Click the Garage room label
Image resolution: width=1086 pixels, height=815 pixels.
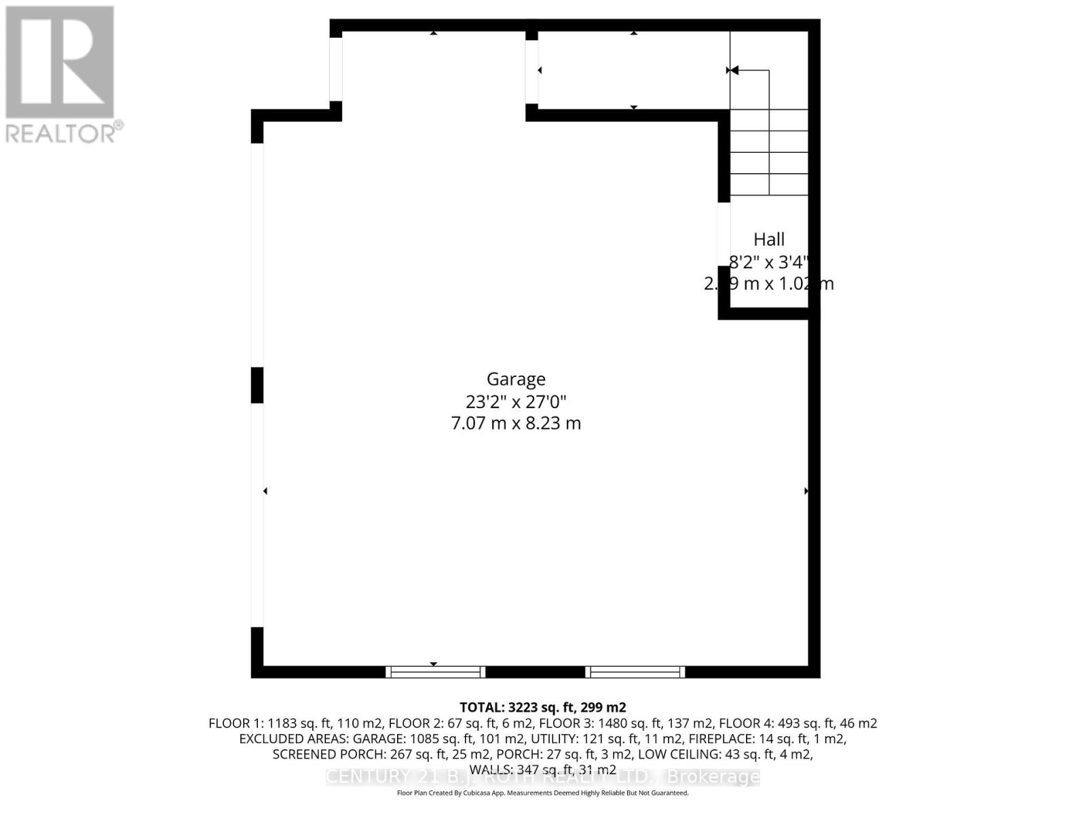(516, 379)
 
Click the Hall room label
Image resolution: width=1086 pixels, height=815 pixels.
(769, 239)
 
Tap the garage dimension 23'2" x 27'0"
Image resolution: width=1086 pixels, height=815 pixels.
(516, 401)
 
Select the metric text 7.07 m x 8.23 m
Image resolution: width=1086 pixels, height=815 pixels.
(516, 423)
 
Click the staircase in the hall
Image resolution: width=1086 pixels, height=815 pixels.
(769, 152)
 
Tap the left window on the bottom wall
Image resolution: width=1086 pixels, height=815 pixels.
(435, 672)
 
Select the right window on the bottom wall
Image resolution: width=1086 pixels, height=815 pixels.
(635, 672)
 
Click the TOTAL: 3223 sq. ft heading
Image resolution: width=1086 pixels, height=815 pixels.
(542, 708)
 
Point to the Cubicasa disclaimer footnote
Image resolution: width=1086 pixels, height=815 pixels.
(542, 793)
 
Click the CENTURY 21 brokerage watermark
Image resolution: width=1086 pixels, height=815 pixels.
(542, 777)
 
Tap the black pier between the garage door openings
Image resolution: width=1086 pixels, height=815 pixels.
(257, 385)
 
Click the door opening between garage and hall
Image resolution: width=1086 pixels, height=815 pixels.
(724, 234)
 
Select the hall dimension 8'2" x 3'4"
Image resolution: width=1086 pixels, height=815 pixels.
(769, 261)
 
